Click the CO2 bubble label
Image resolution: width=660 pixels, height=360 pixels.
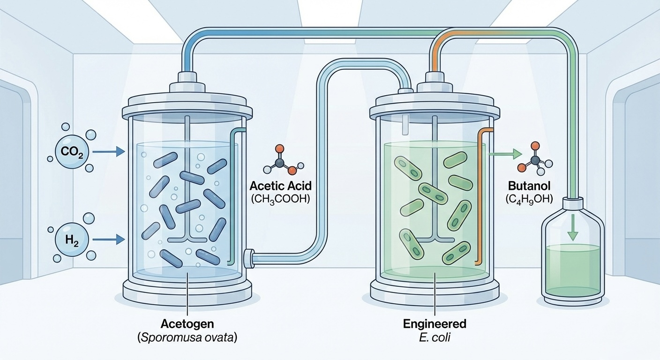pos(69,152)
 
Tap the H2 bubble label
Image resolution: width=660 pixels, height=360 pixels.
pos(69,240)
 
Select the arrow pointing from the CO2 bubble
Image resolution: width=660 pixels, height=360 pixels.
pos(109,151)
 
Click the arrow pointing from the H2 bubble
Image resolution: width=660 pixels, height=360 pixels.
pos(109,240)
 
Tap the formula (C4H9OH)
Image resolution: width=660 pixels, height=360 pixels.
pos(529,199)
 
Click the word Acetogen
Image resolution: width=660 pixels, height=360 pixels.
pos(187,324)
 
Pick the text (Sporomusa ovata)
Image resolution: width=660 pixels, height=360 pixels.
pos(187,337)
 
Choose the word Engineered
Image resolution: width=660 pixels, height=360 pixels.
pos(435,324)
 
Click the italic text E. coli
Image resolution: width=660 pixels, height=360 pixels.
pos(435,337)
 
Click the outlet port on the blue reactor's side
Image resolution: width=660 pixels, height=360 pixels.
pos(249,257)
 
